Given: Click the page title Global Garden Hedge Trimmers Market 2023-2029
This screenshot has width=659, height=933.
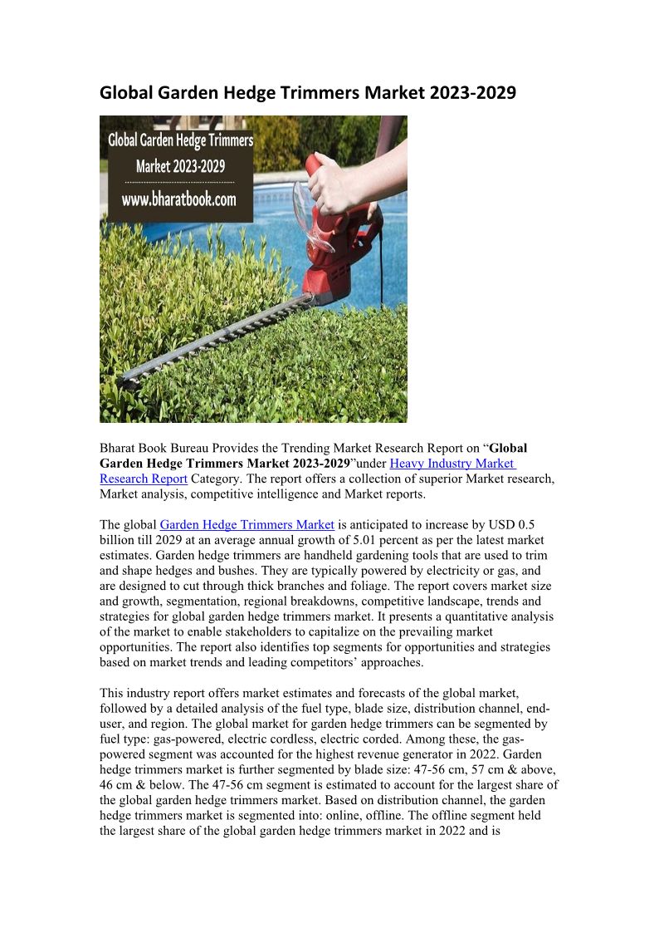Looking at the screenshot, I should [x=307, y=93].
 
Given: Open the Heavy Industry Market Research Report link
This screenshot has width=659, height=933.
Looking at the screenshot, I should [x=452, y=464].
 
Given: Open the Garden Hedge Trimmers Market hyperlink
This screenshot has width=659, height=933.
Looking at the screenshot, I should [x=247, y=524].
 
